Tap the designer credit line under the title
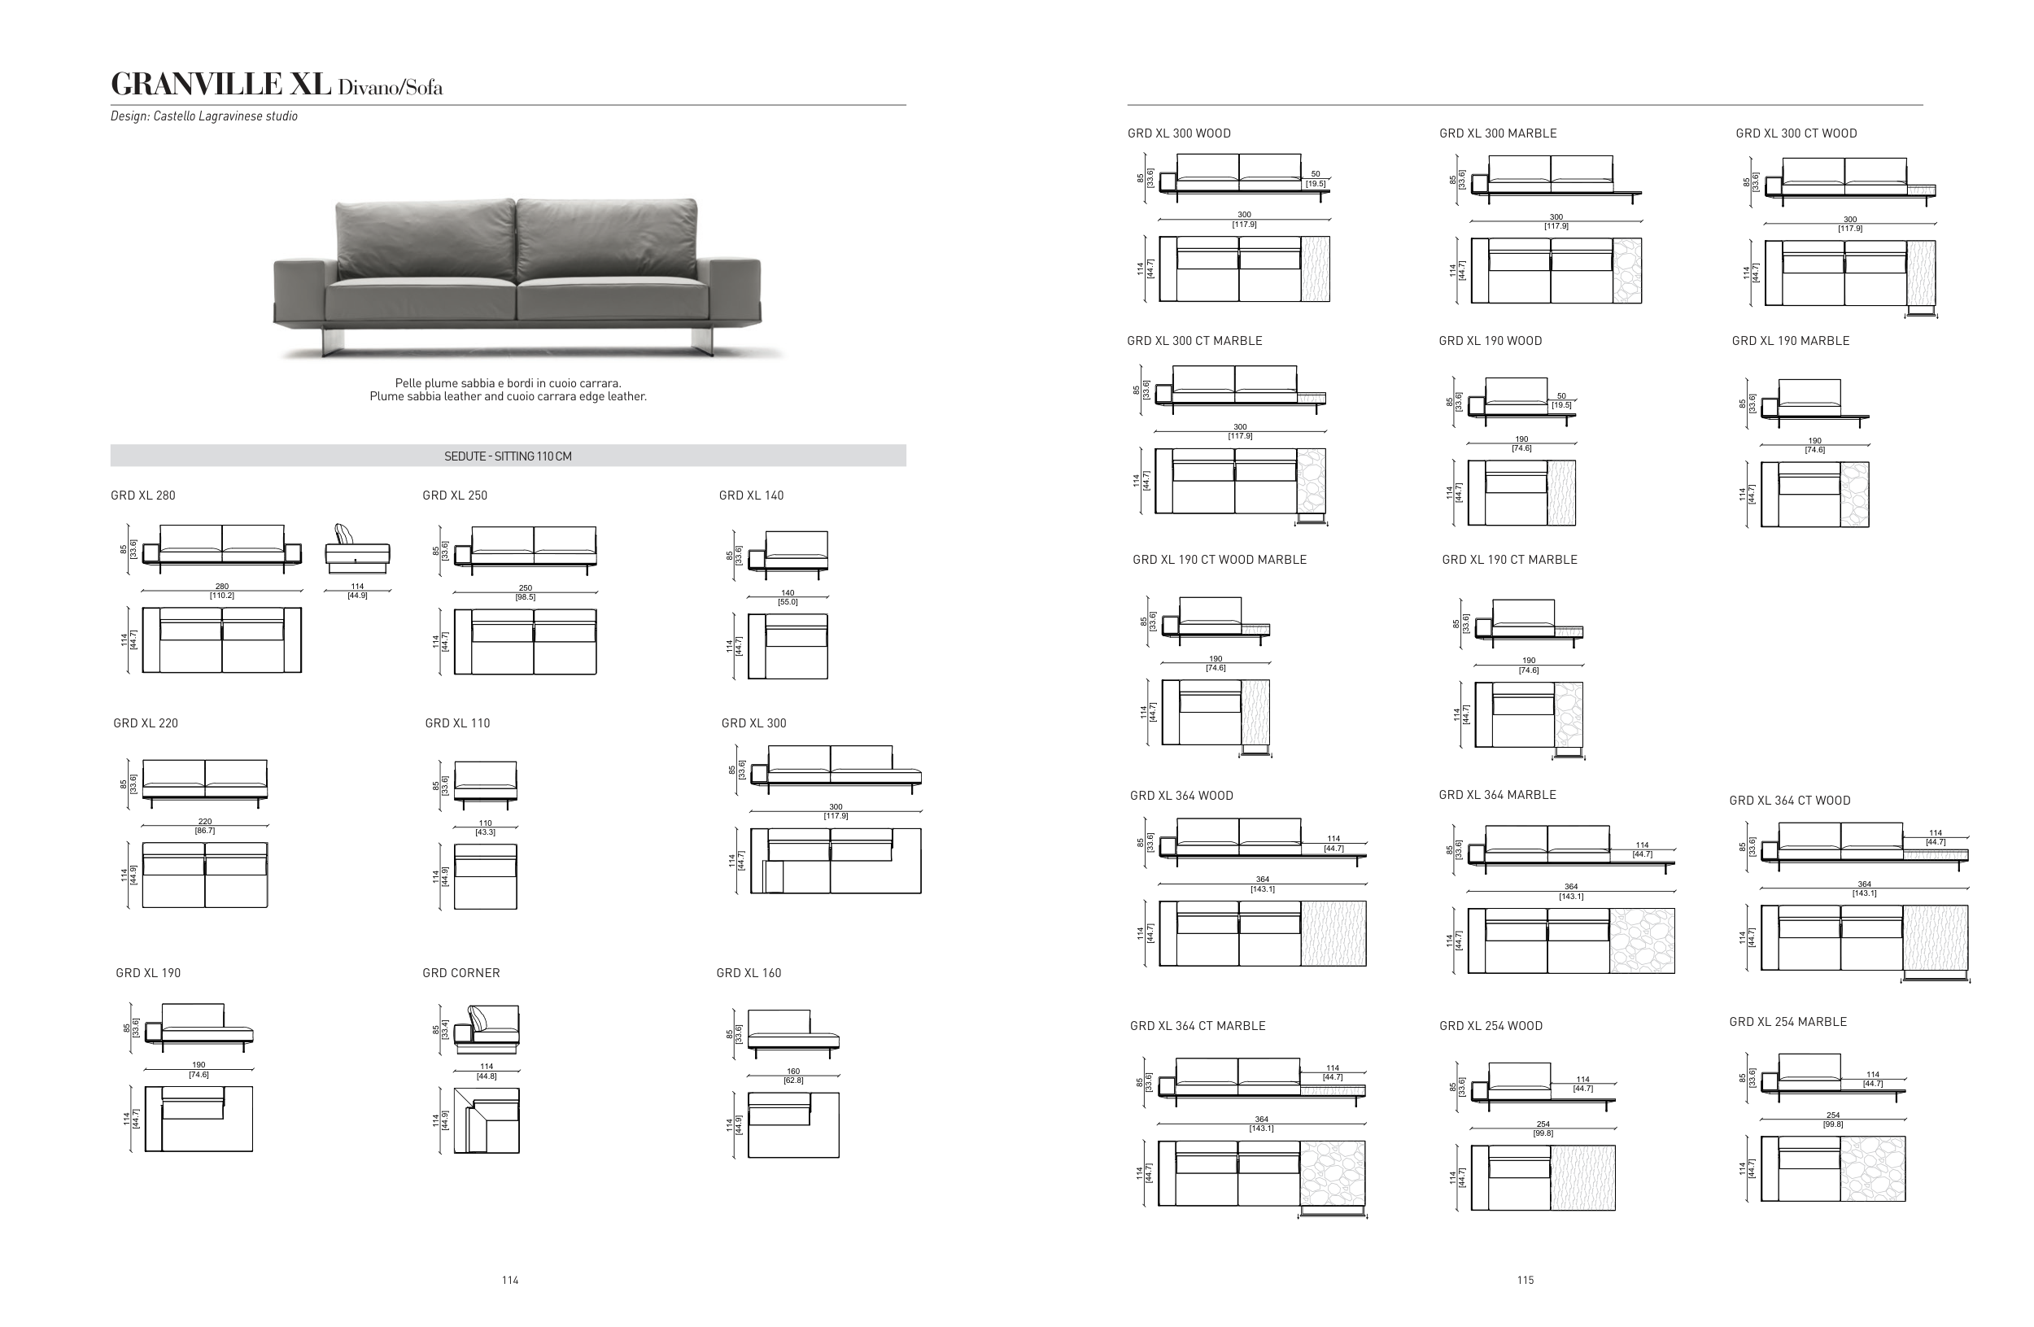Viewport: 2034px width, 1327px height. pyautogui.click(x=204, y=116)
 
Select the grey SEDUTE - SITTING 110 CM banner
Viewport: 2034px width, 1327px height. pyautogui.click(x=508, y=456)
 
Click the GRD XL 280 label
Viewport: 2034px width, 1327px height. pyautogui.click(x=142, y=495)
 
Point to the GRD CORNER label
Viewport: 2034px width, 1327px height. pyautogui.click(x=460, y=973)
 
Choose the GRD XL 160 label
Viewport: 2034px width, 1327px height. pyautogui.click(x=749, y=973)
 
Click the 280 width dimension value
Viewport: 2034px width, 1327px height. pyautogui.click(x=222, y=586)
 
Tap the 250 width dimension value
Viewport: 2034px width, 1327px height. pyautogui.click(x=526, y=588)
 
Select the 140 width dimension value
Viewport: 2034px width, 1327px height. pyautogui.click(x=788, y=593)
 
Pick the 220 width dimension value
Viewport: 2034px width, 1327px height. pyautogui.click(x=205, y=821)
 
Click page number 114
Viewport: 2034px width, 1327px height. pyautogui.click(x=510, y=1280)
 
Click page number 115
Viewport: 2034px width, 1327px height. pyautogui.click(x=1525, y=1280)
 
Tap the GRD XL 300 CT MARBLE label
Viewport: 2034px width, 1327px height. pyautogui.click(x=1194, y=341)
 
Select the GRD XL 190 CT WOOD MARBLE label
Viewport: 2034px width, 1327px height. pyautogui.click(x=1220, y=560)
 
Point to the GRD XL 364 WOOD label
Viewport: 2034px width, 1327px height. pyautogui.click(x=1181, y=796)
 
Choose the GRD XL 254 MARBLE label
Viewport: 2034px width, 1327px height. pyautogui.click(x=1787, y=1022)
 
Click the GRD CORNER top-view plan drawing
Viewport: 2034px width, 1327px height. pyautogui.click(x=487, y=1120)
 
